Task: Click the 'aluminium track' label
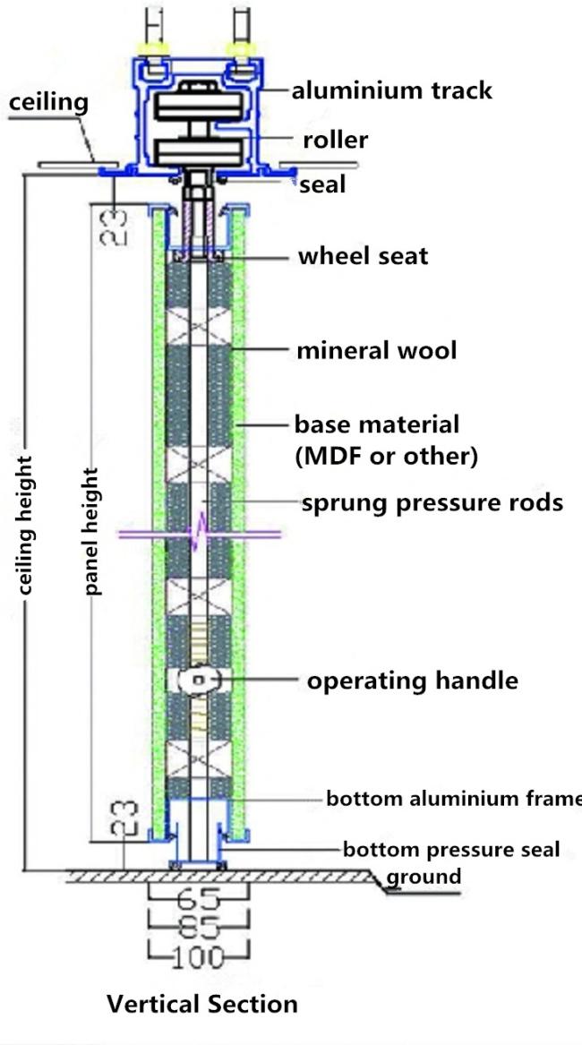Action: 392,90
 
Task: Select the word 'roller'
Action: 335,140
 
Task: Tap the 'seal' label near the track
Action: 322,186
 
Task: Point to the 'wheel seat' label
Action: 363,256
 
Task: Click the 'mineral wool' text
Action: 376,350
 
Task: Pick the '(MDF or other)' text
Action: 386,456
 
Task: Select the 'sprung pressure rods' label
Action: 432,502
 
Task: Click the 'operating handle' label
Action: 412,681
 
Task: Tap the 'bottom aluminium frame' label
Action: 453,798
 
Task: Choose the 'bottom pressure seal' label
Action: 451,849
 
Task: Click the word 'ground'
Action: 423,876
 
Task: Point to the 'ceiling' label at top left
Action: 48,102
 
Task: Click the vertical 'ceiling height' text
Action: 26,526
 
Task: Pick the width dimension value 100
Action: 198,957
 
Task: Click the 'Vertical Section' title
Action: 201,1004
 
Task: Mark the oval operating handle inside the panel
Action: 199,681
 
